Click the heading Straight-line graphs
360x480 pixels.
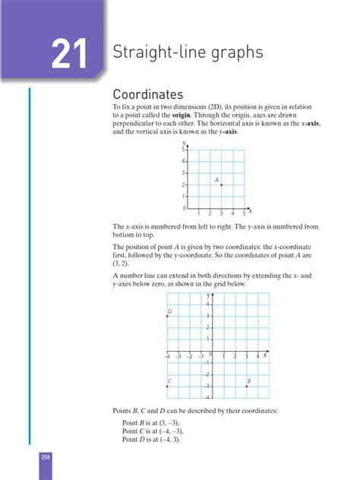[188, 52]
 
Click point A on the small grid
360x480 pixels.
[221, 185]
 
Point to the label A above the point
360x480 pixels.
[217, 179]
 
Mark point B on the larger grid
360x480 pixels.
[247, 386]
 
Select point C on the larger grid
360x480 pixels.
[166, 386]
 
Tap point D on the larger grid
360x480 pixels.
[166, 316]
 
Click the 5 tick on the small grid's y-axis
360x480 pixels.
[183, 150]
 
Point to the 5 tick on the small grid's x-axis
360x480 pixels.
[244, 213]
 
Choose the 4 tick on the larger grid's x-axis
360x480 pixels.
[258, 356]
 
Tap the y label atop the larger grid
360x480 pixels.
[207, 293]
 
